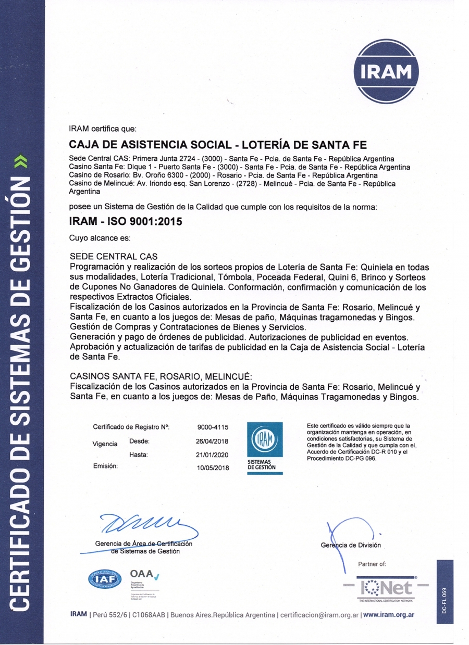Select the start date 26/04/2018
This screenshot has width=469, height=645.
(213, 441)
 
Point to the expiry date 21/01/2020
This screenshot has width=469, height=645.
(213, 454)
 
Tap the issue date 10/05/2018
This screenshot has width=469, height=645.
(213, 468)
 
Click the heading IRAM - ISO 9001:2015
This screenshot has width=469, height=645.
(126, 221)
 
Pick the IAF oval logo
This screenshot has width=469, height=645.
(104, 579)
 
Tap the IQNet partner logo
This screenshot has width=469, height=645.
(386, 588)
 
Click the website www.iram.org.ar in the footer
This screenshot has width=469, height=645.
(389, 614)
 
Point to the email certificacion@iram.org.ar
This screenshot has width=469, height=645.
(319, 615)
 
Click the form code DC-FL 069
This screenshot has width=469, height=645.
(445, 600)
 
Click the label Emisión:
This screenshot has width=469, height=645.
(105, 466)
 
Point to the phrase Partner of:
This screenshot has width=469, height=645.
(372, 564)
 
